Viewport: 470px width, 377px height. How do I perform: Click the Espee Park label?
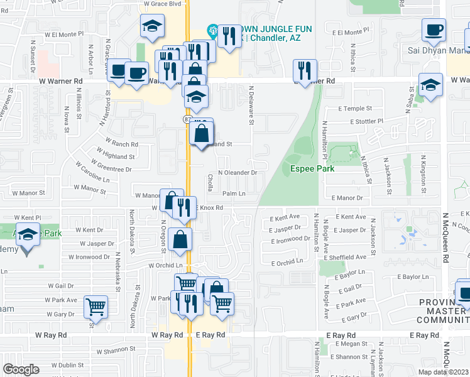coord(312,168)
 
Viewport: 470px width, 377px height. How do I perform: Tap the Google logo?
coord(21,369)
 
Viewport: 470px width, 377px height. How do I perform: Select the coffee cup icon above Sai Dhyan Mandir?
coord(434,30)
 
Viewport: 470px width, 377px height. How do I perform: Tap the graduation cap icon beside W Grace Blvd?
coord(151,27)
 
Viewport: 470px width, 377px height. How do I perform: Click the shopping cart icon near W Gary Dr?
coord(96,307)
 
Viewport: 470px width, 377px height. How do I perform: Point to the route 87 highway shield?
coord(188,119)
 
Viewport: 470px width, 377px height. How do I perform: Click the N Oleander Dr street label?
coord(238,172)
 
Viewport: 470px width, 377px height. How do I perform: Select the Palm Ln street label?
coord(233,194)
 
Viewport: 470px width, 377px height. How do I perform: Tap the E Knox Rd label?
coord(210,207)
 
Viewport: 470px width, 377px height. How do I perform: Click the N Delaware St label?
coord(251,106)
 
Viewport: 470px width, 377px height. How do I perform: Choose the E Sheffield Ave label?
coord(345,257)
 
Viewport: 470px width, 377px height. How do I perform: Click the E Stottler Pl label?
coord(366,121)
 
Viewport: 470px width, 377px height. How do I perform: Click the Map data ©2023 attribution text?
coord(443,372)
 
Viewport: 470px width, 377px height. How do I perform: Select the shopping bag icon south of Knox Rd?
coord(180,239)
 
